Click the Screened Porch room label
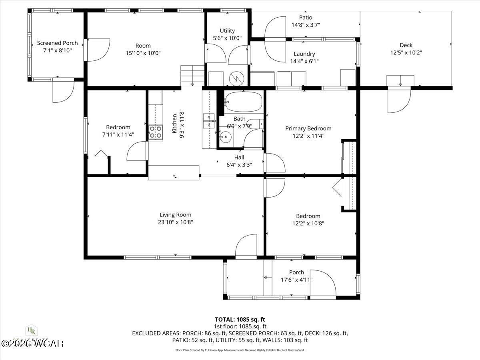click(x=57, y=43)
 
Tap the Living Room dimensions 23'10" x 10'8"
click(x=176, y=222)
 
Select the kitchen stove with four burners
click(x=156, y=132)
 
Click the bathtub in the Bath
click(x=242, y=102)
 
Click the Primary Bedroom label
click(x=308, y=128)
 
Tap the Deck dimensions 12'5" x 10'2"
click(x=406, y=52)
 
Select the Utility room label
click(x=227, y=31)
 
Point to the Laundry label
click(x=304, y=54)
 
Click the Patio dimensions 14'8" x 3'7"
click(x=305, y=25)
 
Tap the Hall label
click(x=239, y=157)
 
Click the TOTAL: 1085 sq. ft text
click(x=240, y=320)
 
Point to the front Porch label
click(x=296, y=272)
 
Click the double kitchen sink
click(x=208, y=120)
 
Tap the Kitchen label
click(x=174, y=123)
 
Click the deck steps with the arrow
click(x=400, y=80)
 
